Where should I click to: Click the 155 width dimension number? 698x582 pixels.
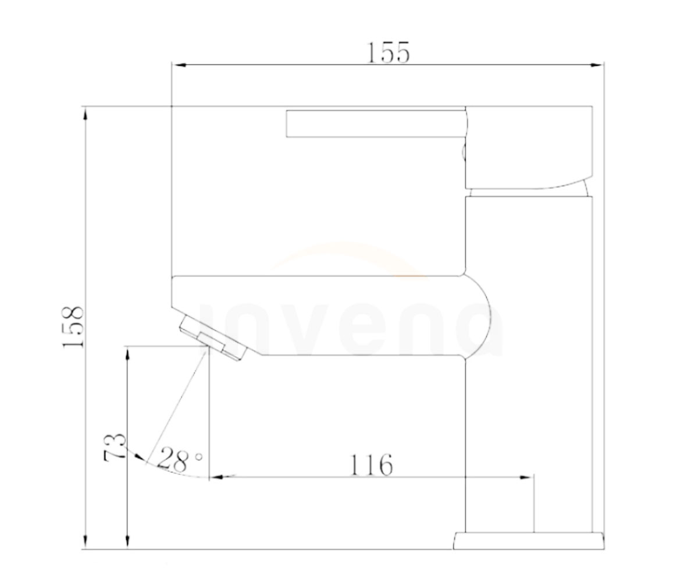click(x=388, y=53)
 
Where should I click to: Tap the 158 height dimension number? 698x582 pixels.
click(x=73, y=327)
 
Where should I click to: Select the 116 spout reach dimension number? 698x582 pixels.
click(x=371, y=465)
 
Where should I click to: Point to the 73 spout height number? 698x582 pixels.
click(x=115, y=448)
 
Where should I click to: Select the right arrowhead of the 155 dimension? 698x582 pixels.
click(x=597, y=65)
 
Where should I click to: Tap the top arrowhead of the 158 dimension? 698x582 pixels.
click(x=86, y=114)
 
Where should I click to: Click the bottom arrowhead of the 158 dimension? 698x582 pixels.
click(x=86, y=541)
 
